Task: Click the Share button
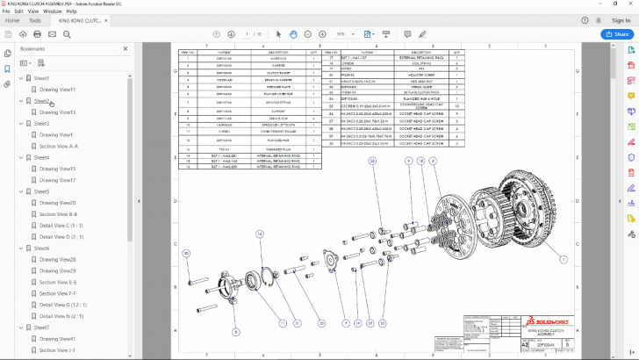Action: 617,33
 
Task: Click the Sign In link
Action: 620,19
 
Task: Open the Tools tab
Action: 35,19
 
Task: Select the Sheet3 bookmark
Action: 41,124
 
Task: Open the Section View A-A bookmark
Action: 59,147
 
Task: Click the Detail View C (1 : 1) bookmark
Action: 61,226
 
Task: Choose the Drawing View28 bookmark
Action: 57,260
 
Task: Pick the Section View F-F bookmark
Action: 58,293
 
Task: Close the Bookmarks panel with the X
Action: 126,49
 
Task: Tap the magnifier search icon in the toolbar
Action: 67,33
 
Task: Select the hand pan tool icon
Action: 294,33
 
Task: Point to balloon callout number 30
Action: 186,254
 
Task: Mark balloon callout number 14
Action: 260,234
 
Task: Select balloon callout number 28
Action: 372,162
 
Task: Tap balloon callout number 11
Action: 284,323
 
